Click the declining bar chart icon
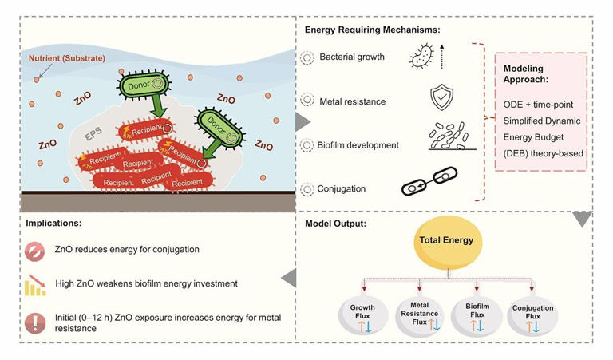34,285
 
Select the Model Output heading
336,222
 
